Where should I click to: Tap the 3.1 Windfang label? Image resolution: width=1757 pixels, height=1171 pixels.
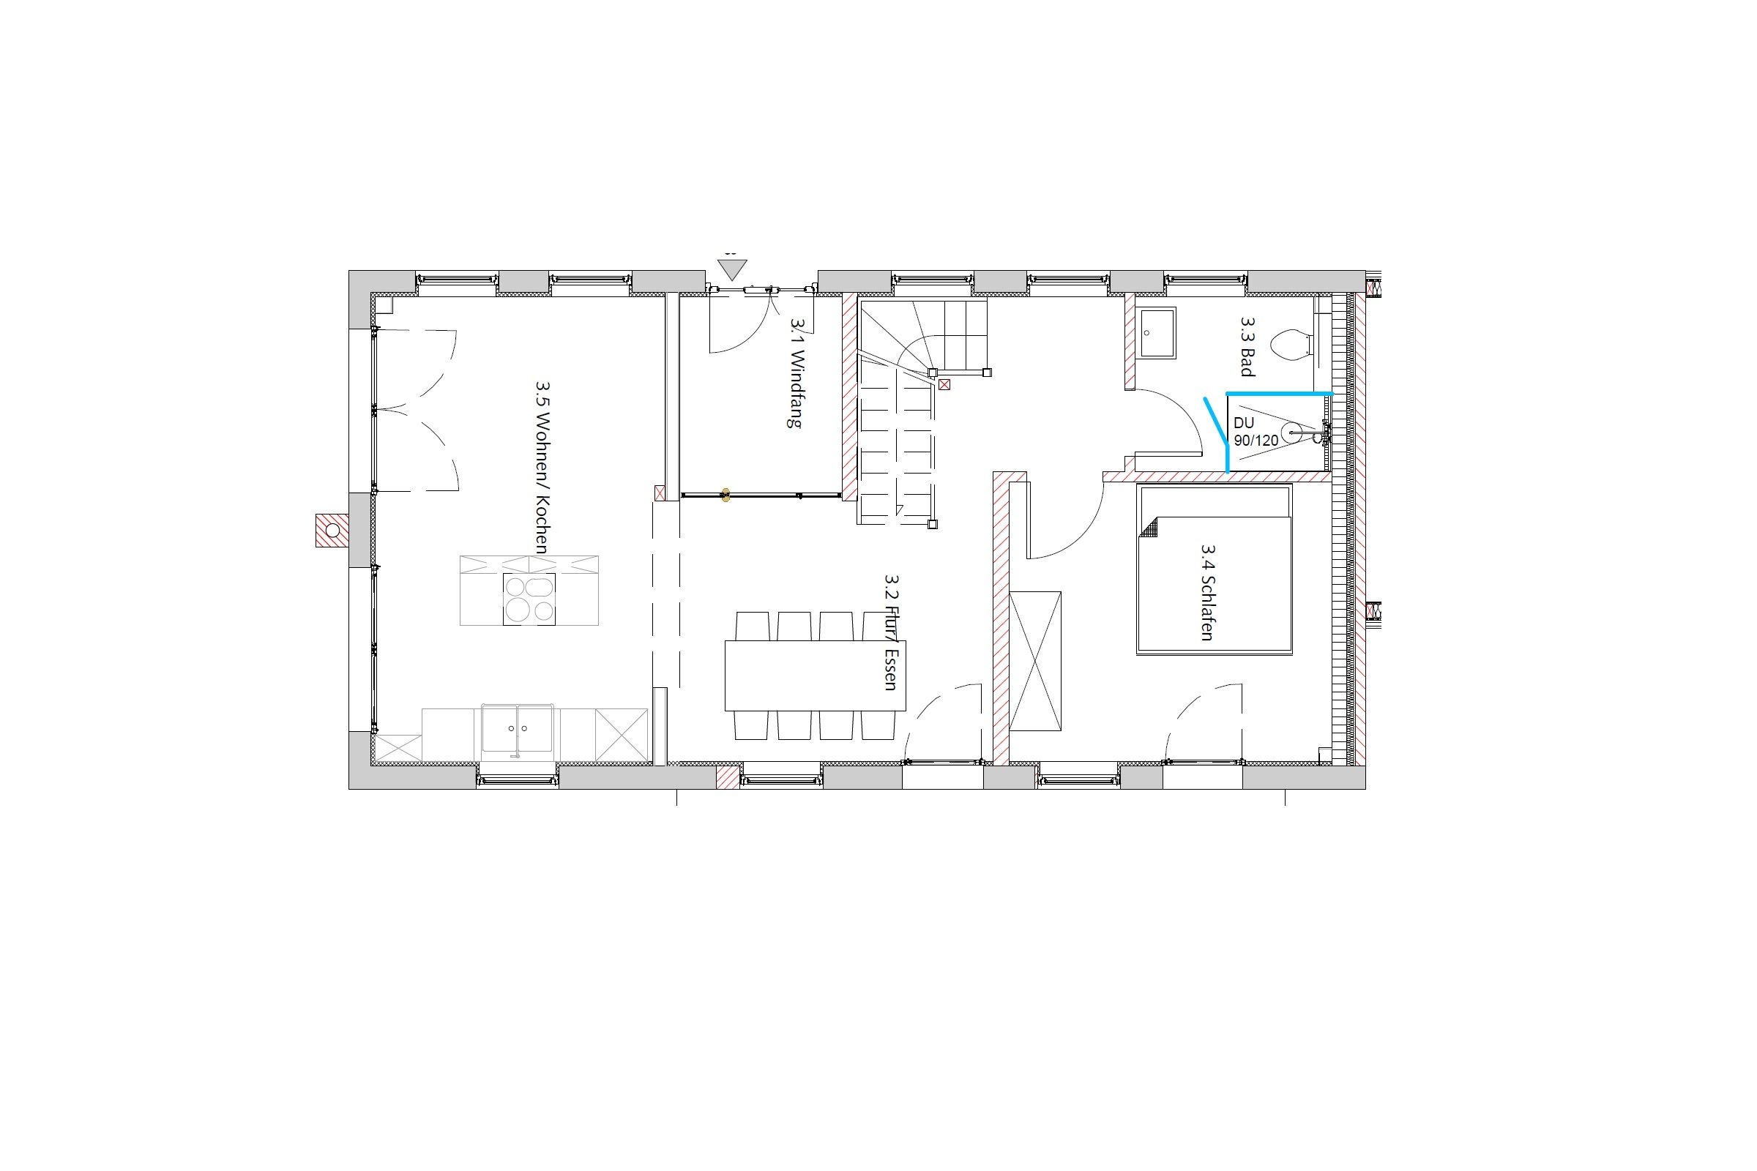pyautogui.click(x=796, y=372)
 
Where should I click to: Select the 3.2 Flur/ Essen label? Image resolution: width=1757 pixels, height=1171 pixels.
pyautogui.click(x=891, y=632)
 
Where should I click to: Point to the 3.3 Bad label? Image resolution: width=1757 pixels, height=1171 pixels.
pyautogui.click(x=1247, y=345)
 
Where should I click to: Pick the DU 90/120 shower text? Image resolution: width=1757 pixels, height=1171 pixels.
pyautogui.click(x=1256, y=432)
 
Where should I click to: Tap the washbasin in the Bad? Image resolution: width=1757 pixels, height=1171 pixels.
pyautogui.click(x=1158, y=332)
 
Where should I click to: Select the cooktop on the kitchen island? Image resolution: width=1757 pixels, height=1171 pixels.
pyautogui.click(x=529, y=598)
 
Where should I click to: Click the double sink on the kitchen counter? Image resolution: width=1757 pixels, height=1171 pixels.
pyautogui.click(x=517, y=727)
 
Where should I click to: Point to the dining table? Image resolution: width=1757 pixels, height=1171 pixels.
pyautogui.click(x=815, y=675)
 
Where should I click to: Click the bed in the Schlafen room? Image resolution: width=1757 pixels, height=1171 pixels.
pyautogui.click(x=1214, y=570)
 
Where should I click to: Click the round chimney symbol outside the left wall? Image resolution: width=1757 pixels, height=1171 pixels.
pyautogui.click(x=332, y=530)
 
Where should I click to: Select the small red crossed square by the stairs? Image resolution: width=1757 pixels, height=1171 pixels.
pyautogui.click(x=945, y=386)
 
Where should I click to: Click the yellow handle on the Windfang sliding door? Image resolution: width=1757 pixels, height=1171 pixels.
pyautogui.click(x=724, y=495)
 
